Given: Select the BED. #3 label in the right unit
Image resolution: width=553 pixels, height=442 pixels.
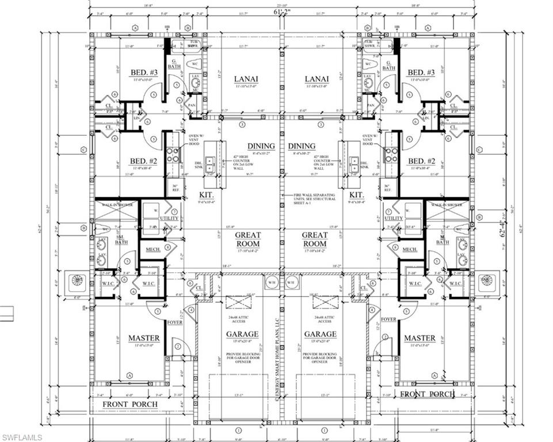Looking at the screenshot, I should point(421,73).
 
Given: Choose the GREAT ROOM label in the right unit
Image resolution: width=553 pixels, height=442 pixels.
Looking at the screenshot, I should point(315,239).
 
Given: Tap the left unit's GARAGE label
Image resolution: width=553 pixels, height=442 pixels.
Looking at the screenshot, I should point(242,334).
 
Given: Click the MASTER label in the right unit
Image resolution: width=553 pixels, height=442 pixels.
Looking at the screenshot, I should point(419,338).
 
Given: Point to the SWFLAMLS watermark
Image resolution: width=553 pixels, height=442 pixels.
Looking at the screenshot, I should point(21,437).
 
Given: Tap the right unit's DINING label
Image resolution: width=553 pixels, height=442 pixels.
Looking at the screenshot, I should point(302,146).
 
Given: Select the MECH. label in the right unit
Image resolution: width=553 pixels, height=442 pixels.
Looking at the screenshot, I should point(410,249).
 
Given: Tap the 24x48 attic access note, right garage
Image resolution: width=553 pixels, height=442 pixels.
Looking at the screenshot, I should point(321,320).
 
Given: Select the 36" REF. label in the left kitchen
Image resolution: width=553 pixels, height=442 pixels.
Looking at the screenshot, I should point(176,188).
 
